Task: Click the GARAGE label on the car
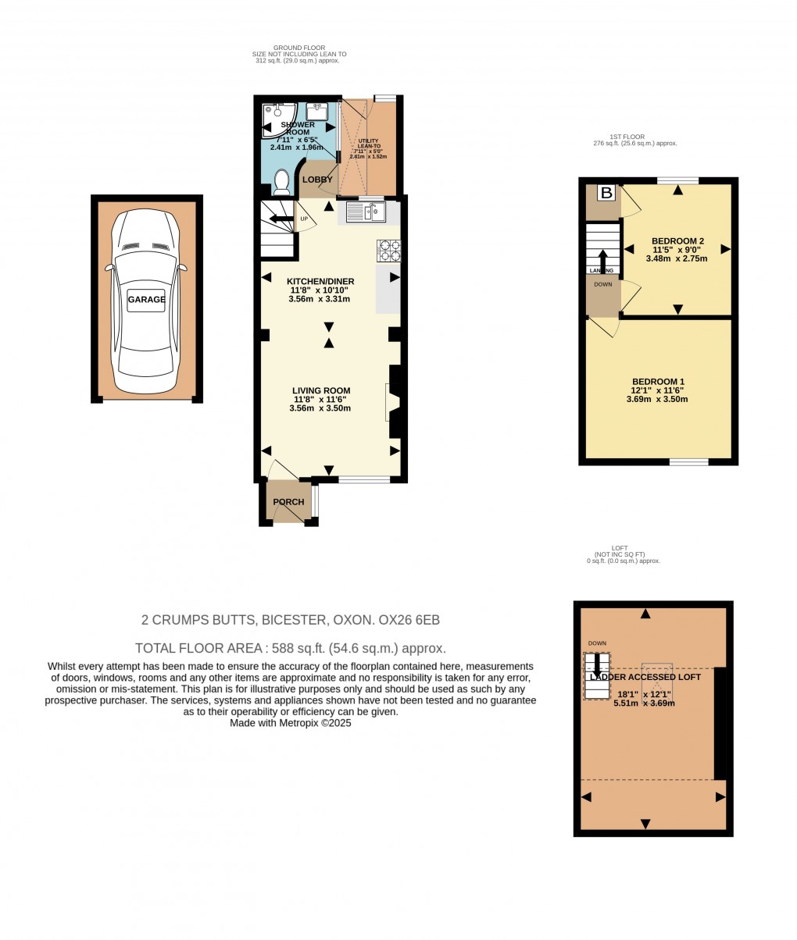tap(147, 299)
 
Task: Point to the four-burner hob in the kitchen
tap(389, 250)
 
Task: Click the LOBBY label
tap(317, 180)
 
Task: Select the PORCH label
tap(288, 502)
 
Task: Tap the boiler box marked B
tap(606, 192)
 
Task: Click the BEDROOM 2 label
tap(678, 240)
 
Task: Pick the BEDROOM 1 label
tap(658, 381)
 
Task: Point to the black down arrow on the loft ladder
tap(598, 665)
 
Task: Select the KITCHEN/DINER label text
tap(320, 282)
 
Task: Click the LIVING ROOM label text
tap(321, 390)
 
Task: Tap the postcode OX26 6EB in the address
tap(409, 621)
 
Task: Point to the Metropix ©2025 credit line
tap(291, 724)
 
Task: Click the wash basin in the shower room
tap(317, 111)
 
